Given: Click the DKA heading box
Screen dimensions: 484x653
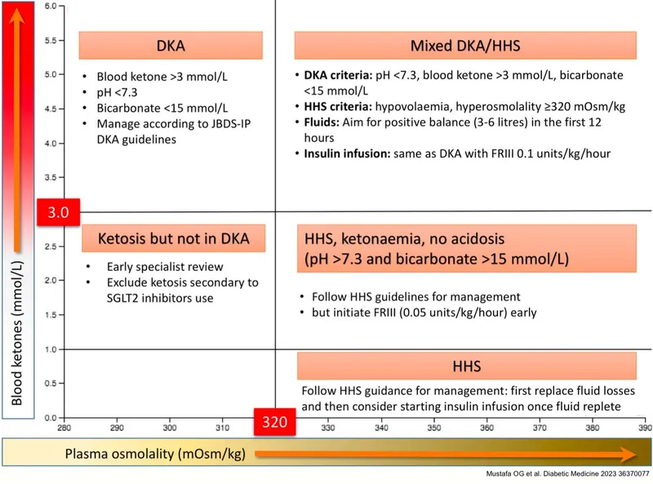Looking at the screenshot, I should pos(170,46).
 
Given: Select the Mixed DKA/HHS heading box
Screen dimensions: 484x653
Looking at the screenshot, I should pos(464,46).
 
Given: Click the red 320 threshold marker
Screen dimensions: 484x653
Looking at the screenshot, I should pos(275,422).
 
